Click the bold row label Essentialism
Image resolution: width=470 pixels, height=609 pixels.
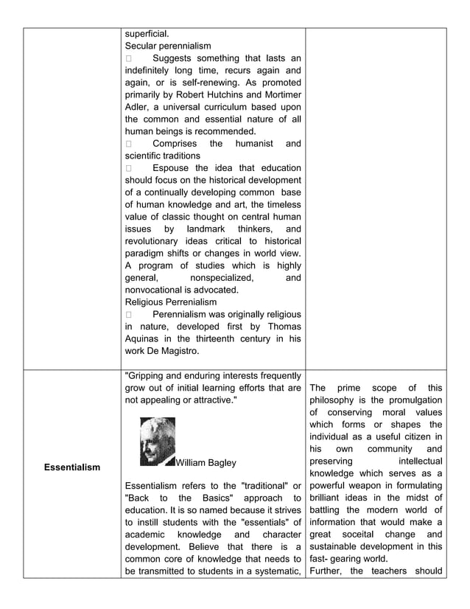click(x=72, y=467)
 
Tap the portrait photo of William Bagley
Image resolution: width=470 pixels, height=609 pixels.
click(x=157, y=442)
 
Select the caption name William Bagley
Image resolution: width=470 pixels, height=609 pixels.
click(x=207, y=462)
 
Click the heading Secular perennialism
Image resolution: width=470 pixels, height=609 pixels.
click(x=168, y=46)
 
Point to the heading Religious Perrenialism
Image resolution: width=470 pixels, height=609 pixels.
click(x=171, y=302)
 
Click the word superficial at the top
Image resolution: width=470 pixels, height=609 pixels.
click(x=147, y=33)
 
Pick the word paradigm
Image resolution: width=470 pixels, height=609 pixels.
click(x=145, y=253)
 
